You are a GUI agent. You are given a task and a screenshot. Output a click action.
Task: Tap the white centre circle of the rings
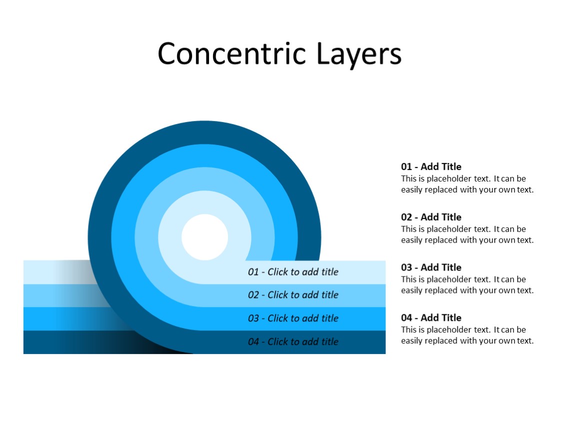point(204,237)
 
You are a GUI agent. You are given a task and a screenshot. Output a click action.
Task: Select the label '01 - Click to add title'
point(293,272)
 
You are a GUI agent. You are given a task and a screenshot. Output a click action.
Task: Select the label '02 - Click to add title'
point(293,295)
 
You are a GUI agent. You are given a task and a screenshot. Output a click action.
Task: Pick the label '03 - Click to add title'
point(293,318)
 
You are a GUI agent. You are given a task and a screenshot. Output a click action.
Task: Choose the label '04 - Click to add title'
point(293,342)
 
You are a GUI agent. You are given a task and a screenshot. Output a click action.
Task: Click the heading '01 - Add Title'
point(431,167)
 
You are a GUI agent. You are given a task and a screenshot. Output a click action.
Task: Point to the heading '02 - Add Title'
point(431,217)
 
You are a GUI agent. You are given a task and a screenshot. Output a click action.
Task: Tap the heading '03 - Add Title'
point(431,267)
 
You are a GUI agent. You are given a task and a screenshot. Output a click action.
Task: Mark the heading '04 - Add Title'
point(431,318)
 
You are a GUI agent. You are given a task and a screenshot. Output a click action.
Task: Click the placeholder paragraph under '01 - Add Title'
point(467,184)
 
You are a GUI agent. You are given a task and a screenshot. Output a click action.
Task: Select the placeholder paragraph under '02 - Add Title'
point(467,234)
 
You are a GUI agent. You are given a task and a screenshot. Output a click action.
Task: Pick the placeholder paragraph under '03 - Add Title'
point(467,285)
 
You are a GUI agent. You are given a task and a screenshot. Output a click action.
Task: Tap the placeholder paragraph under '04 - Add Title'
point(467,335)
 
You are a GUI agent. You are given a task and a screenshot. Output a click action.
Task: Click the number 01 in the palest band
point(253,272)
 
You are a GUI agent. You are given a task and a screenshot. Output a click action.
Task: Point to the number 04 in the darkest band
point(253,342)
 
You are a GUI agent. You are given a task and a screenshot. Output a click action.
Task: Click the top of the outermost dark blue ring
point(204,132)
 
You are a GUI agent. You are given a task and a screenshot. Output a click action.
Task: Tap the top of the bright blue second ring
point(204,155)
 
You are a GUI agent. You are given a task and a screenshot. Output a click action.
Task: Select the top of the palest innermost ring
point(204,202)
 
